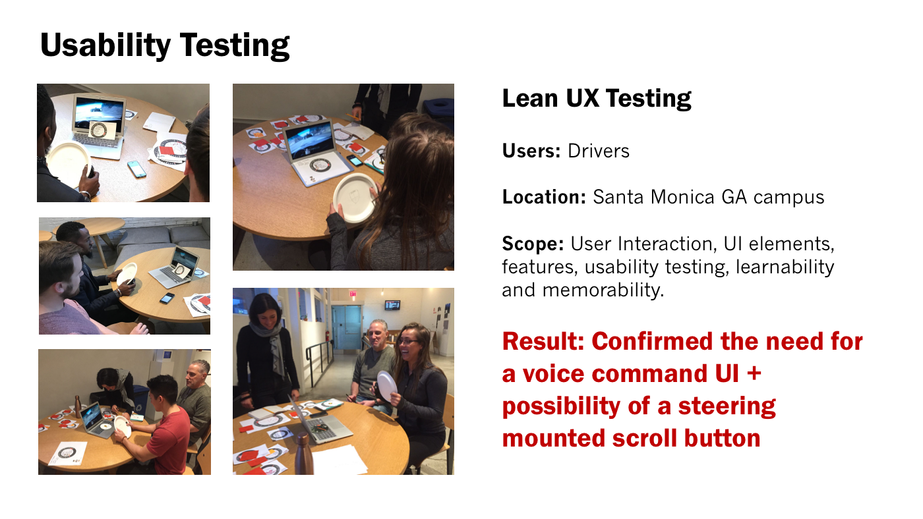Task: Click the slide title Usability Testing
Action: (x=165, y=45)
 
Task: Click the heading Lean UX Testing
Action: (x=597, y=99)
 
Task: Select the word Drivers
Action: (x=599, y=151)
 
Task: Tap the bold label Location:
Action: (x=544, y=197)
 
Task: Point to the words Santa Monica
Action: (x=653, y=197)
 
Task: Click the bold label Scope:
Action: (x=533, y=244)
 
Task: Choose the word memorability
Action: (x=603, y=290)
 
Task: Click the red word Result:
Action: (x=543, y=342)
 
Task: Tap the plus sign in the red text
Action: (x=754, y=374)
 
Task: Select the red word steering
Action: (x=727, y=407)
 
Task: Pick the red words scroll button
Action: (x=686, y=439)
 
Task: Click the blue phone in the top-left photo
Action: (x=137, y=169)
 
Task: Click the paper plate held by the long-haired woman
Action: (x=355, y=198)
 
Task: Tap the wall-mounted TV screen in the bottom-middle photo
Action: (x=392, y=305)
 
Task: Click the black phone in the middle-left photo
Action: (x=167, y=298)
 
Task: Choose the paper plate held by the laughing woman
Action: (x=387, y=387)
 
